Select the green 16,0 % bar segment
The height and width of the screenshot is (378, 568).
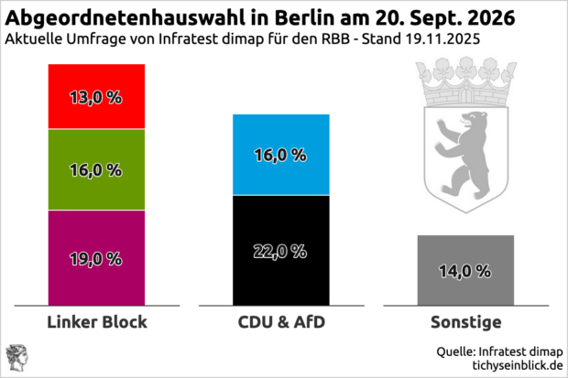96,170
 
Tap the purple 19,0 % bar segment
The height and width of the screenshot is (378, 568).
96,257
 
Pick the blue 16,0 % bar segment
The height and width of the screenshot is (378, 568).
280,155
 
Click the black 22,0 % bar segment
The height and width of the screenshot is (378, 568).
280,249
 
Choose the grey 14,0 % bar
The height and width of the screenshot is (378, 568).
465,270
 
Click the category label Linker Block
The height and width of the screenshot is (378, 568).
96,322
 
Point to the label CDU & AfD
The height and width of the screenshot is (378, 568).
281,322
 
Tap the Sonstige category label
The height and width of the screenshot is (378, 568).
465,322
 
